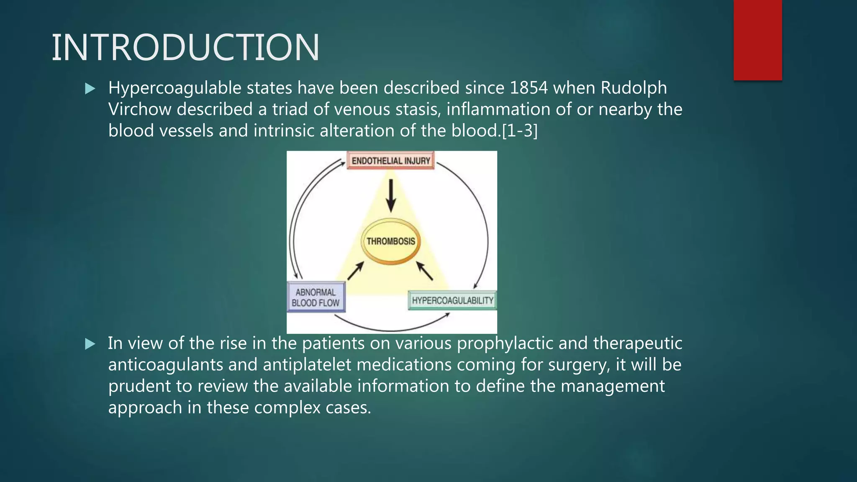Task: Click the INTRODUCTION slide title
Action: pyautogui.click(x=185, y=48)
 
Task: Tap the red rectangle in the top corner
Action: pyautogui.click(x=757, y=40)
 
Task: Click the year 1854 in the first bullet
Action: pyautogui.click(x=529, y=88)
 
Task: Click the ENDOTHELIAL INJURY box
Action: pyautogui.click(x=390, y=161)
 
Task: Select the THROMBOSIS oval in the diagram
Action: pyautogui.click(x=390, y=241)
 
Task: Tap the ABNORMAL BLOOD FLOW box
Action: pyautogui.click(x=316, y=297)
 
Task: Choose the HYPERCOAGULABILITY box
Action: pyautogui.click(x=452, y=300)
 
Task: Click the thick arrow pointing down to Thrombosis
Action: pyautogui.click(x=391, y=195)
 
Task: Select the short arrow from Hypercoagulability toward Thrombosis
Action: pyautogui.click(x=424, y=271)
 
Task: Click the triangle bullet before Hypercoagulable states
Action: pyautogui.click(x=90, y=89)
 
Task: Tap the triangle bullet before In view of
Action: pyautogui.click(x=90, y=344)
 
